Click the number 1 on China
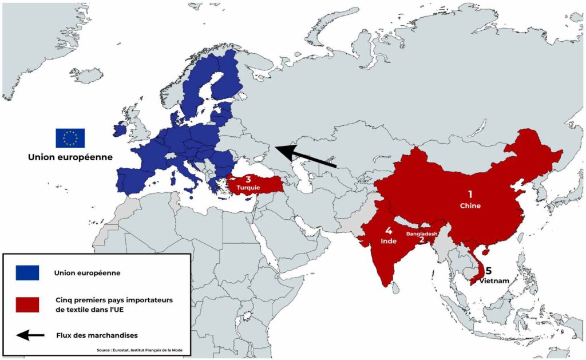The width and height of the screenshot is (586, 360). click(x=470, y=194)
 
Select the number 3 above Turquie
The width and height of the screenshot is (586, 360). click(x=248, y=179)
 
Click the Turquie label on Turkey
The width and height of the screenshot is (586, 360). click(x=248, y=187)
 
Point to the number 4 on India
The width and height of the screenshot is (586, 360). click(x=388, y=231)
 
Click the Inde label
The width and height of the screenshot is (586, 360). click(x=389, y=242)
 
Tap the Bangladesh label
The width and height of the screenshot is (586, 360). click(x=422, y=234)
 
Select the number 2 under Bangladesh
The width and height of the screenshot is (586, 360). click(x=422, y=241)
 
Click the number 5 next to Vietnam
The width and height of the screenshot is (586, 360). click(x=489, y=271)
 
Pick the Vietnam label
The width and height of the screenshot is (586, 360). click(x=494, y=280)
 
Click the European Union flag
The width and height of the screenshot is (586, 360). click(x=70, y=138)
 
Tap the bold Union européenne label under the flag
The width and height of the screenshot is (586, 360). click(x=70, y=156)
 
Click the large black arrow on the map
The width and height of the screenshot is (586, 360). click(x=306, y=156)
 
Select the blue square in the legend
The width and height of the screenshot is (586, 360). click(x=27, y=273)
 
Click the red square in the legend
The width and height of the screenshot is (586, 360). click(x=27, y=304)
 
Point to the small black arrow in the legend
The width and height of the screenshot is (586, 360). click(x=30, y=335)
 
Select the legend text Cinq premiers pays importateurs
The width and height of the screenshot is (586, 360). click(x=114, y=300)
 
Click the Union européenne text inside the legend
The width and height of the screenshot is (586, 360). click(x=87, y=273)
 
